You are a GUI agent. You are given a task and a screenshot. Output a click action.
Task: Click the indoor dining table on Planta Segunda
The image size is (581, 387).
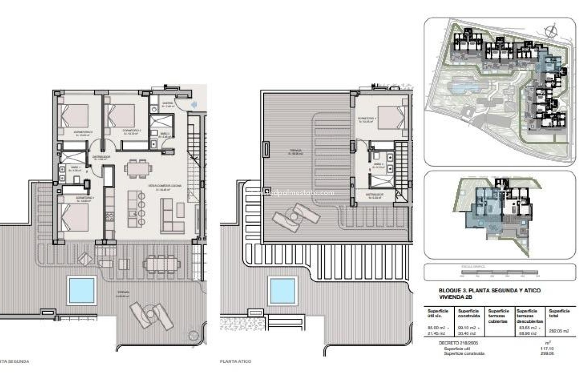coord(138,168)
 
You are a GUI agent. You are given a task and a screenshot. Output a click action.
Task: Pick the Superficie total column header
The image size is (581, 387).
coord(559,313)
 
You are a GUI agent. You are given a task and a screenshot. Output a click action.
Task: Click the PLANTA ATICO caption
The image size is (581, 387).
coord(236,361)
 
